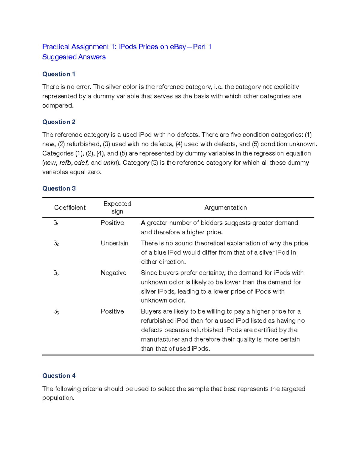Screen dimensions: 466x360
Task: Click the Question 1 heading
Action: (58, 74)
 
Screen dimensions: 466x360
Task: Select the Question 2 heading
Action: (58, 122)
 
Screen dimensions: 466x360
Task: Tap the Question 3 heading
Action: (59, 188)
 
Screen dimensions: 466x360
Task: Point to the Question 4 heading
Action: (59, 376)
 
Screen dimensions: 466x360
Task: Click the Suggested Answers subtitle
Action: (74, 57)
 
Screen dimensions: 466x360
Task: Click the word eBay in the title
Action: (178, 47)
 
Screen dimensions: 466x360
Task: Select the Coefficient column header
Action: (70, 208)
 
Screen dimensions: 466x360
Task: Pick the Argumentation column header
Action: (225, 208)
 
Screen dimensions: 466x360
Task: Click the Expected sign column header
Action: (117, 207)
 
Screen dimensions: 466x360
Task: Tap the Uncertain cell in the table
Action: (114, 243)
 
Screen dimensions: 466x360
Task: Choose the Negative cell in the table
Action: (113, 273)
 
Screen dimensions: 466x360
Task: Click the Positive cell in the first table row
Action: (112, 223)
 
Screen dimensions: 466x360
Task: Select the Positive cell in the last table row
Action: (112, 311)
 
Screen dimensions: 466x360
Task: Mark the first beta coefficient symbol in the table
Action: (56, 223)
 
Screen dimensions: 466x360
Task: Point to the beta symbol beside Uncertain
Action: (56, 243)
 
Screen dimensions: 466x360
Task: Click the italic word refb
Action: (65, 163)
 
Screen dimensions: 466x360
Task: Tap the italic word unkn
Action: (110, 163)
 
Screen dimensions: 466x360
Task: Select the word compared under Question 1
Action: (57, 106)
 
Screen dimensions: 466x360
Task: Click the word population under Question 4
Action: (58, 398)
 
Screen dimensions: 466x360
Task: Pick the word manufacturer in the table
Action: (160, 339)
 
